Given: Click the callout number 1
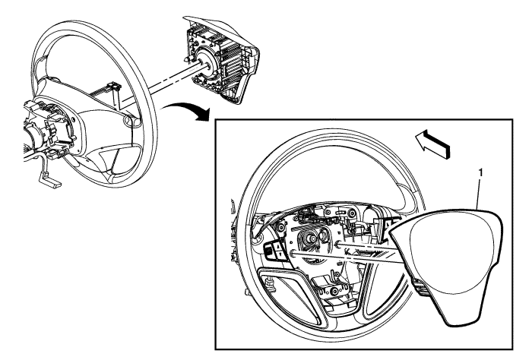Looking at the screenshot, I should pos(480,174).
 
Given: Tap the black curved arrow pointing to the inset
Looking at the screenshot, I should pos(192,112).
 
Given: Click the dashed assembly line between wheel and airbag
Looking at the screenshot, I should pos(163,77).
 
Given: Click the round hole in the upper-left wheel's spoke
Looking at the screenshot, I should pos(126,120).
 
